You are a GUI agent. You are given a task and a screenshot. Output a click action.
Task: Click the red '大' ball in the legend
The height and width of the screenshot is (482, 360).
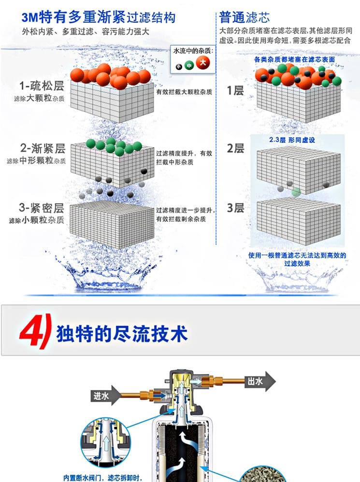(203, 63)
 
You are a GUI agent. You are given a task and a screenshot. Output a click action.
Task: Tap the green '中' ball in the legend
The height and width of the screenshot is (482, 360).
(189, 65)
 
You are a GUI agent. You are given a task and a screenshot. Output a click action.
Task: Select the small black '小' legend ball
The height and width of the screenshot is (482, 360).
(179, 66)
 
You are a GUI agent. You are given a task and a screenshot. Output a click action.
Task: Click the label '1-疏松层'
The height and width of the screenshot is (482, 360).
(42, 86)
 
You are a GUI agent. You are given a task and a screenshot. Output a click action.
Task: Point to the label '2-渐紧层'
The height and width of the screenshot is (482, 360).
(43, 148)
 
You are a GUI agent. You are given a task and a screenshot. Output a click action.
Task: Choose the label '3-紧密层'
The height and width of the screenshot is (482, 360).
(42, 208)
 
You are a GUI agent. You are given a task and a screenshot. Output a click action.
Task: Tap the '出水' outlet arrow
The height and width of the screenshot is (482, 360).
(260, 382)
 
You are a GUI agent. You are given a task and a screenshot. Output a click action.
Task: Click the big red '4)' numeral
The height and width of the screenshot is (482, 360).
(35, 331)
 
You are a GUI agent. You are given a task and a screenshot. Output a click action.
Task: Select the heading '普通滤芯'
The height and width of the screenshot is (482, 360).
(245, 17)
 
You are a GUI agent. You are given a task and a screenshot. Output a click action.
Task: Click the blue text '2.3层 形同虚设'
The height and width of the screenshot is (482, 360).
(292, 140)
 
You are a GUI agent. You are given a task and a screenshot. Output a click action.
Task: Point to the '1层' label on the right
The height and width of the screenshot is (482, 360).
(235, 91)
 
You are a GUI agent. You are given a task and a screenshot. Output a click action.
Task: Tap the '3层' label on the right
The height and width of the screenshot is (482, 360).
(235, 208)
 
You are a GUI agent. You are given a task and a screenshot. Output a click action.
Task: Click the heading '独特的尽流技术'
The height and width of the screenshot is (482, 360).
(122, 334)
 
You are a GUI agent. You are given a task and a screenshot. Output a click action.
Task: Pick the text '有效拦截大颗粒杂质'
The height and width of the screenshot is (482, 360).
(184, 92)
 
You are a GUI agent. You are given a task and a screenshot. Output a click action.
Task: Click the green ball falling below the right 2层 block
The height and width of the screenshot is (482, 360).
(296, 192)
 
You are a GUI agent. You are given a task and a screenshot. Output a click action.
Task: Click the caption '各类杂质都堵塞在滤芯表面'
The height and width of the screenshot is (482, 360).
(294, 59)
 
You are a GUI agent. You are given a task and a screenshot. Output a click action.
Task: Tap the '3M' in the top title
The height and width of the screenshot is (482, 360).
(30, 17)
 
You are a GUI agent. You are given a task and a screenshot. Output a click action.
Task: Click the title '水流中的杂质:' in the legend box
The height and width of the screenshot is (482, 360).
(193, 51)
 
